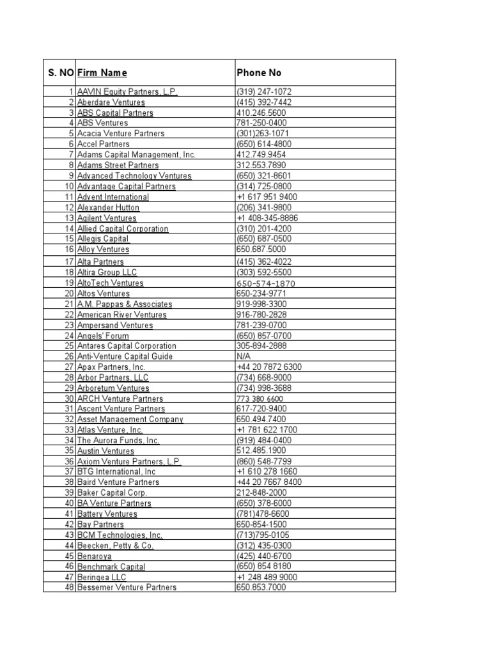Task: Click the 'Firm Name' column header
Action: pyautogui.click(x=102, y=73)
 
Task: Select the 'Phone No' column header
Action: pyautogui.click(x=259, y=73)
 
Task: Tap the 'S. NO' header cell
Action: pyautogui.click(x=61, y=73)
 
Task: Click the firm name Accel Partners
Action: pyautogui.click(x=103, y=144)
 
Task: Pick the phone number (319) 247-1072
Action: pyautogui.click(x=264, y=91)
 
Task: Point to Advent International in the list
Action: pyautogui.click(x=113, y=197)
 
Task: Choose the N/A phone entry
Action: pyautogui.click(x=244, y=356)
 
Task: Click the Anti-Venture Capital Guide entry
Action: pyautogui.click(x=125, y=356)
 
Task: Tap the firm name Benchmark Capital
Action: pyautogui.click(x=111, y=567)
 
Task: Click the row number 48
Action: pyautogui.click(x=70, y=587)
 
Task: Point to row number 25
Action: pyautogui.click(x=70, y=345)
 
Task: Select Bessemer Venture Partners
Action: pyautogui.click(x=127, y=587)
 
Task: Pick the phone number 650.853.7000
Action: pyautogui.click(x=261, y=587)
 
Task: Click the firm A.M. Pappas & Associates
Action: pyautogui.click(x=125, y=304)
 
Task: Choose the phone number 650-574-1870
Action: pyautogui.click(x=266, y=283)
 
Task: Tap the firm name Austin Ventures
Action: pyautogui.click(x=106, y=451)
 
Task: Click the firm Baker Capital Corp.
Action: pyautogui.click(x=112, y=493)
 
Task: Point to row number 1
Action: pyautogui.click(x=72, y=91)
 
